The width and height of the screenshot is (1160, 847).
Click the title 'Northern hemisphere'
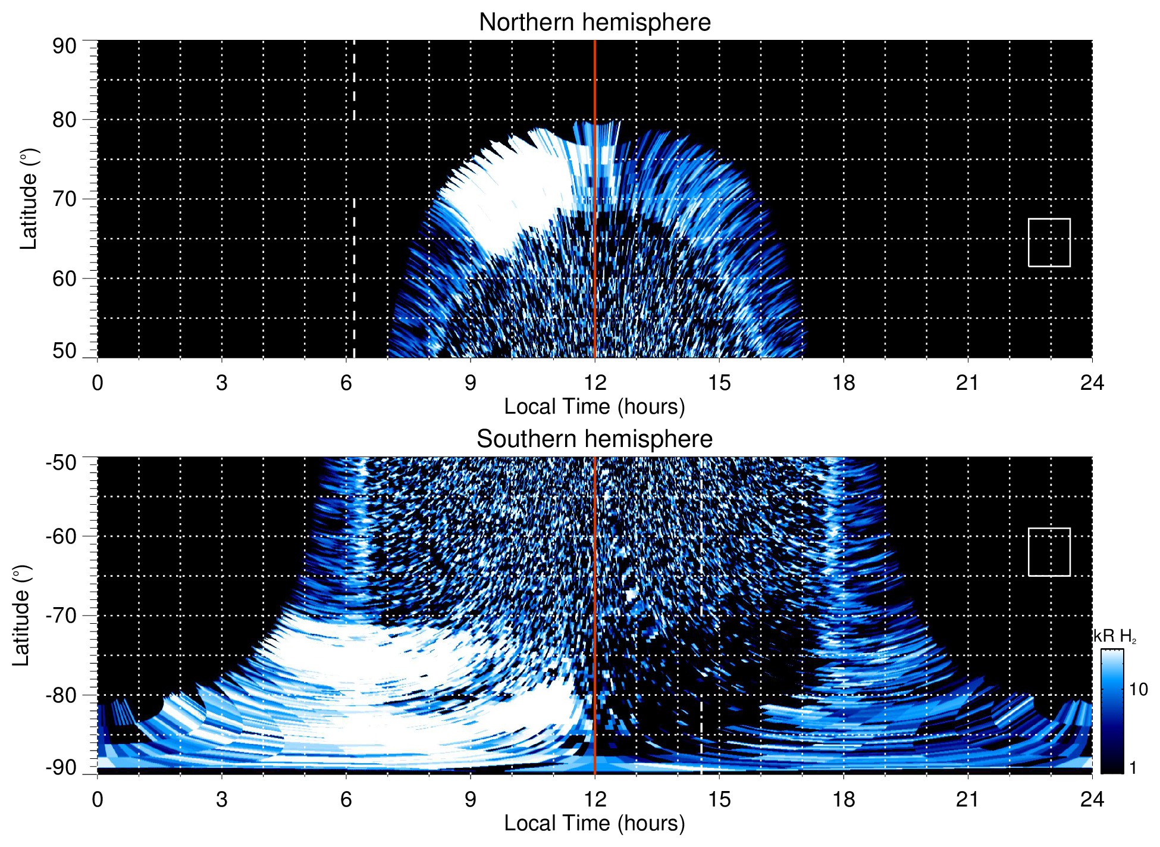click(x=594, y=23)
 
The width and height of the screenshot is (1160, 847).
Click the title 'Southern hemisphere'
click(x=594, y=439)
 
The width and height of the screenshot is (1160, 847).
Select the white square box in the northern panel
click(x=1049, y=242)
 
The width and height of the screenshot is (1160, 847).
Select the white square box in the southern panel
click(x=1049, y=552)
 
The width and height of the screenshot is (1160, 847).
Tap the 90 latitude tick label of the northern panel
click(x=64, y=46)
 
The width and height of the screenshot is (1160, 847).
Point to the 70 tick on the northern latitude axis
click(x=64, y=199)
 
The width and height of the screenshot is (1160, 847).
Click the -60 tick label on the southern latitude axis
click(x=61, y=536)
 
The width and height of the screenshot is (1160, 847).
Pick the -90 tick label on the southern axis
click(x=61, y=768)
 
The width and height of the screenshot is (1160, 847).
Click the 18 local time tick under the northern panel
click(x=843, y=383)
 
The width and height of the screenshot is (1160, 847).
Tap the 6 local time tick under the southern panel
click(x=346, y=799)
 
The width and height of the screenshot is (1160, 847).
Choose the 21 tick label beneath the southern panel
click(x=967, y=799)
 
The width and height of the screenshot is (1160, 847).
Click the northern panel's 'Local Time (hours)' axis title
click(x=594, y=407)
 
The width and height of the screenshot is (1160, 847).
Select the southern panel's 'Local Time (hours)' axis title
click(x=594, y=823)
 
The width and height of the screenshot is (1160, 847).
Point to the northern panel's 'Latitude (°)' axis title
click(x=29, y=199)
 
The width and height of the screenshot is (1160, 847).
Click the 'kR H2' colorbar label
click(x=1114, y=636)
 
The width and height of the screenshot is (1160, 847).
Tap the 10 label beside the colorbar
click(x=1138, y=689)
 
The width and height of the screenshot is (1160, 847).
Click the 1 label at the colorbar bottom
click(x=1133, y=768)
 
